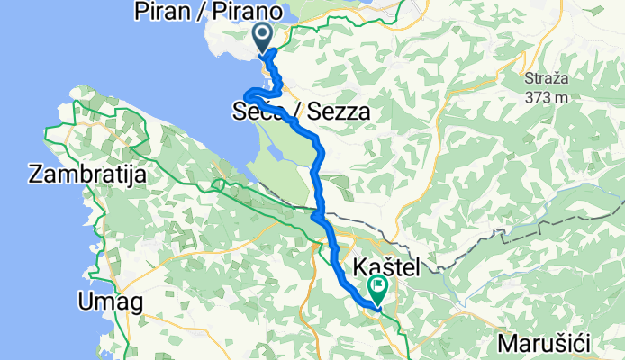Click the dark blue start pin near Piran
tap(264, 37)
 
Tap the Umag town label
tap(110, 302)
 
